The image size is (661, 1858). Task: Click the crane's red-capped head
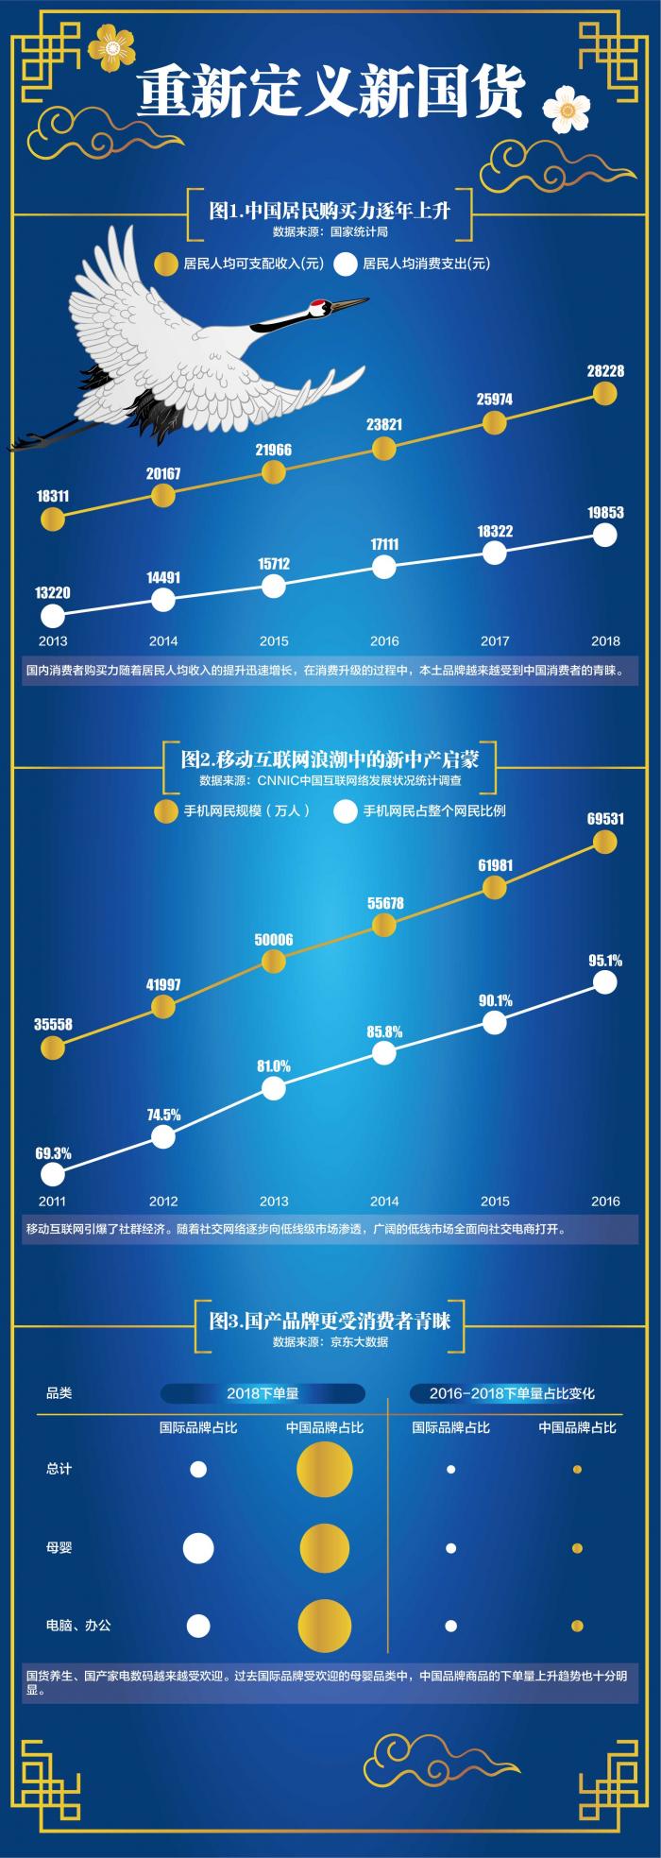pyautogui.click(x=318, y=305)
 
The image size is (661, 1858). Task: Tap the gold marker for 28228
pyautogui.click(x=604, y=392)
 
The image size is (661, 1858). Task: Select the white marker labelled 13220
pyautogui.click(x=53, y=616)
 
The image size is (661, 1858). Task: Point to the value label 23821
pyautogui.click(x=384, y=425)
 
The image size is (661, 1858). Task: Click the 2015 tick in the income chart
pyautogui.click(x=274, y=641)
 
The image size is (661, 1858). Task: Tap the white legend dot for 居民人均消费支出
pyautogui.click(x=346, y=264)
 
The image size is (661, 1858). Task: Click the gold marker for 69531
pyautogui.click(x=604, y=841)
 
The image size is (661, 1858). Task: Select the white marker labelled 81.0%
pyautogui.click(x=273, y=1088)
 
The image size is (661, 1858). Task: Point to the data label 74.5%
pyautogui.click(x=163, y=1115)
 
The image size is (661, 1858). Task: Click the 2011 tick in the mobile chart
pyautogui.click(x=52, y=1202)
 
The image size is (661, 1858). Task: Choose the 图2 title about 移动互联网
pyautogui.click(x=330, y=759)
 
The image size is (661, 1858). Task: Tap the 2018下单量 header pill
pyautogui.click(x=263, y=1393)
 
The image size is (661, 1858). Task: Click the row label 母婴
pyautogui.click(x=59, y=1547)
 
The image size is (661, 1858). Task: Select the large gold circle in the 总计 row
pyautogui.click(x=324, y=1470)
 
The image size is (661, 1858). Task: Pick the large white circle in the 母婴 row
pyautogui.click(x=198, y=1548)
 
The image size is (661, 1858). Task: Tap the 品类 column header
pyautogui.click(x=59, y=1392)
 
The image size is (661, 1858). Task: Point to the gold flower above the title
pyautogui.click(x=111, y=46)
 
